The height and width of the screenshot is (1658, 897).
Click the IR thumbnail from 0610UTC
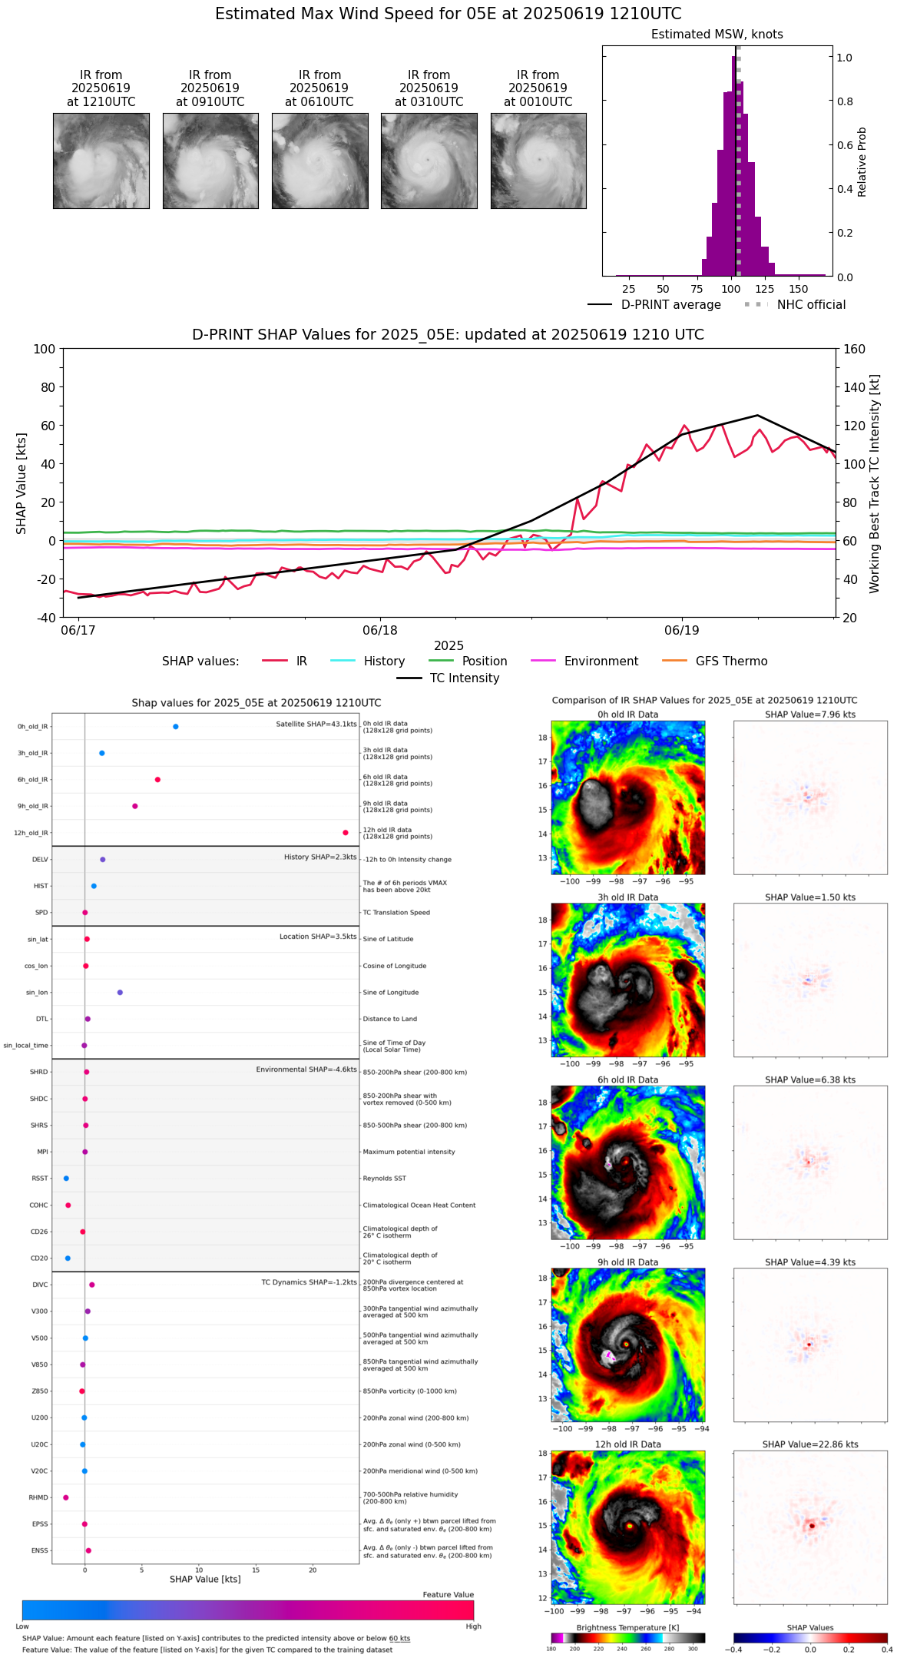(319, 161)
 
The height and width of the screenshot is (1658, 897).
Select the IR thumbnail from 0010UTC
(538, 161)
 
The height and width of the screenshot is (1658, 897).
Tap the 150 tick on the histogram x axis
(799, 290)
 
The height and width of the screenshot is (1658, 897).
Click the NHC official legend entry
(811, 305)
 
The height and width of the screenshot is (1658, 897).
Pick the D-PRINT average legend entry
(670, 305)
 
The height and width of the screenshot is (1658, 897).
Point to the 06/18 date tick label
(380, 631)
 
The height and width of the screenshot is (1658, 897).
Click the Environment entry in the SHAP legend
(601, 662)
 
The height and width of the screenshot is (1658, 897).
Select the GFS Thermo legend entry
(731, 662)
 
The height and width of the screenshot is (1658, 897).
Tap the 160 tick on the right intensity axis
(855, 349)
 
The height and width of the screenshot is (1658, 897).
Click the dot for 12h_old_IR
(346, 833)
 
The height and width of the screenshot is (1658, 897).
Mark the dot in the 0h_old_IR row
(176, 727)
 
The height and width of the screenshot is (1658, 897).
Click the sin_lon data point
(120, 993)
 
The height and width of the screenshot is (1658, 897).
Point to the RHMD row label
(38, 1497)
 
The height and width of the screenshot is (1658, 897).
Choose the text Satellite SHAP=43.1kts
(316, 725)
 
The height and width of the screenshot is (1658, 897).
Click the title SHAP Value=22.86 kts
(810, 1444)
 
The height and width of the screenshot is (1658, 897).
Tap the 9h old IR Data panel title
(627, 1262)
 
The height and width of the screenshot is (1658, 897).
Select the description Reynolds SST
(385, 1179)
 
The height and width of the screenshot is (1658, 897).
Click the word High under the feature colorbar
(473, 1626)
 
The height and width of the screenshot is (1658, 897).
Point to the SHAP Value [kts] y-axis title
(22, 483)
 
